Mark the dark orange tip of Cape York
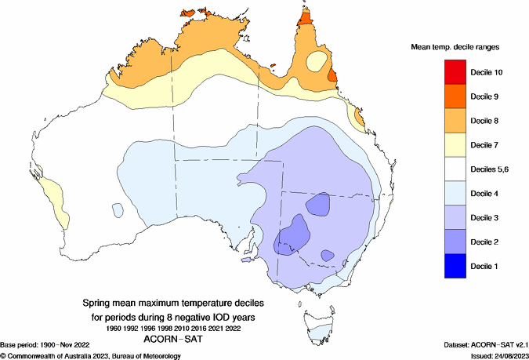pyautogui.click(x=306, y=22)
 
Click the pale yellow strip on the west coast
pyautogui.click(x=53, y=196)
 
